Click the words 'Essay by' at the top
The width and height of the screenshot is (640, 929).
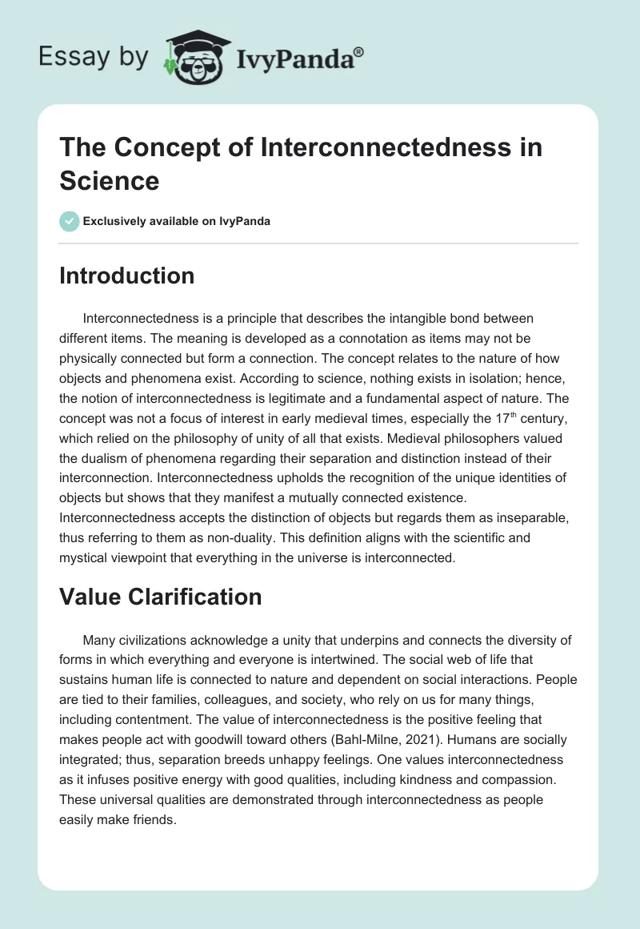93,58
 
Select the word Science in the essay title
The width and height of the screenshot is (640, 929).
110,180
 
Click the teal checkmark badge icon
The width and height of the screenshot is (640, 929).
70,221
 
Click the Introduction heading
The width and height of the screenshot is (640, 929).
127,275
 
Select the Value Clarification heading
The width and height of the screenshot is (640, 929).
161,596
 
